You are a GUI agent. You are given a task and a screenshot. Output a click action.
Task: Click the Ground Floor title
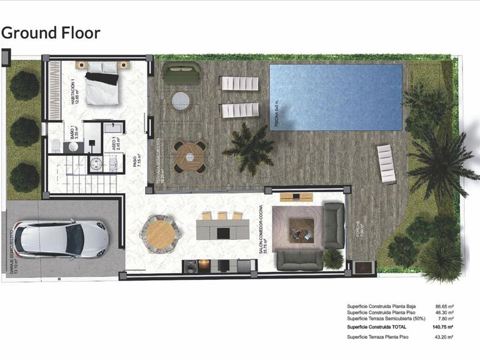(x=51, y=32)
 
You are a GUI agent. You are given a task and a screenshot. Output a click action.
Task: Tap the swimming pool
(x=336, y=97)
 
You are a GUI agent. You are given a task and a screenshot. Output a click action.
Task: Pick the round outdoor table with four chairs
(x=189, y=156)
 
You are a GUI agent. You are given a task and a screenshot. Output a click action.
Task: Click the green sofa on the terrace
(x=182, y=74)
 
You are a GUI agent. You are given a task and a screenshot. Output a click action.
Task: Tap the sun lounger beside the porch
(x=386, y=164)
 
